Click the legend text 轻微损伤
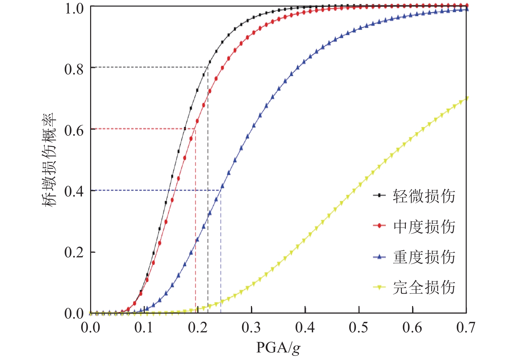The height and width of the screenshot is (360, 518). pyautogui.click(x=424, y=196)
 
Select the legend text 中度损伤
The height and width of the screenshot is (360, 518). pyautogui.click(x=424, y=227)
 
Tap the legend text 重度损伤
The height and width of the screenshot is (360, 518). pyautogui.click(x=424, y=257)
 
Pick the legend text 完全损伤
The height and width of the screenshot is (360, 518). pyautogui.click(x=424, y=287)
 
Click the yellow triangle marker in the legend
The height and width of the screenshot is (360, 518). pyautogui.click(x=380, y=287)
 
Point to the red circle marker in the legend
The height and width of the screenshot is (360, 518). pyautogui.click(x=380, y=225)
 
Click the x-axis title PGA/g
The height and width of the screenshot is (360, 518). pyautogui.click(x=278, y=347)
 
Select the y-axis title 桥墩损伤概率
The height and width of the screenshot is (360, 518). pyautogui.click(x=49, y=160)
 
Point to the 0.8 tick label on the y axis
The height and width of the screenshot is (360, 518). pyautogui.click(x=74, y=69)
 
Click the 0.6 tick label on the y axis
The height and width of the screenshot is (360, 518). pyautogui.click(x=74, y=131)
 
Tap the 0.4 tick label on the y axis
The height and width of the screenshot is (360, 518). pyautogui.click(x=74, y=192)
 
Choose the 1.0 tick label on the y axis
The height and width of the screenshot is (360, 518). pyautogui.click(x=74, y=9)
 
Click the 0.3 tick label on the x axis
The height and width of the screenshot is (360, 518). pyautogui.click(x=251, y=327)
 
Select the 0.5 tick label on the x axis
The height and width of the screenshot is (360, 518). pyautogui.click(x=358, y=327)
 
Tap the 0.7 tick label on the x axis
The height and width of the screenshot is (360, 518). pyautogui.click(x=466, y=327)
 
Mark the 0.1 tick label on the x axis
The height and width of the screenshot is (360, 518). pyautogui.click(x=144, y=327)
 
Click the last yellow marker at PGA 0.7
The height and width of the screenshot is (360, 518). pyautogui.click(x=466, y=98)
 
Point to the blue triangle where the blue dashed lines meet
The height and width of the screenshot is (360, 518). pyautogui.click(x=222, y=186)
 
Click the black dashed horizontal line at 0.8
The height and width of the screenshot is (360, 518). pyautogui.click(x=148, y=67)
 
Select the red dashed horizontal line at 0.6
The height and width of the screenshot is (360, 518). pyautogui.click(x=141, y=129)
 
